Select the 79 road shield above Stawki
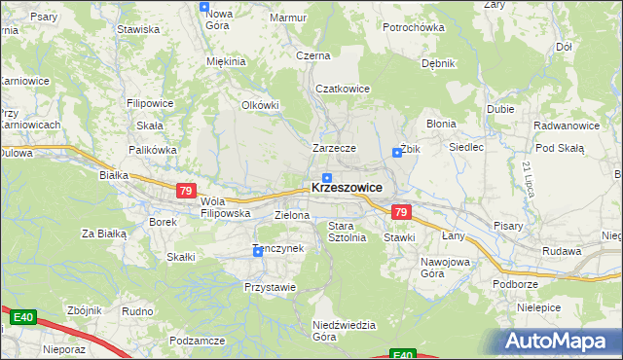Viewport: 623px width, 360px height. coord(400,212)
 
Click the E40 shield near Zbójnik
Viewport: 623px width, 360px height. coord(23,317)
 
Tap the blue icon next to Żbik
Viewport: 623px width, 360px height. coord(397,152)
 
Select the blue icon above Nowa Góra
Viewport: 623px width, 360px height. coord(204,7)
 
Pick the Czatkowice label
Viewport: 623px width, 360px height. coord(342,89)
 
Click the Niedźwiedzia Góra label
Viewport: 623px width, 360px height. coord(338,331)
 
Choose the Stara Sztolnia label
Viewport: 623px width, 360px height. coord(347,232)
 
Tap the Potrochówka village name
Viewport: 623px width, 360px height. coord(413,27)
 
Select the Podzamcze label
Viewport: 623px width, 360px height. coord(197,341)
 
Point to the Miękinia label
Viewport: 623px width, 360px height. coord(226,61)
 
